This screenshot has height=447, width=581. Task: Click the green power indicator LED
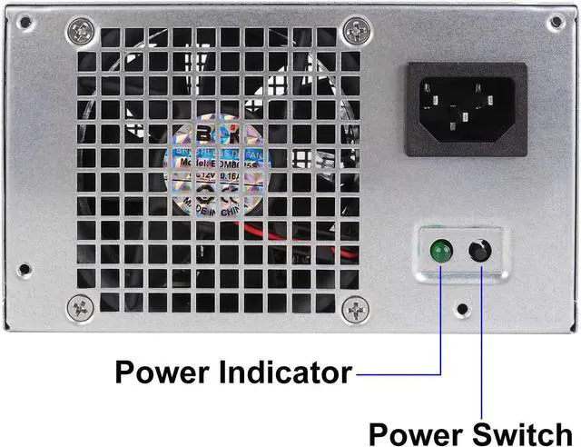tap(442, 251)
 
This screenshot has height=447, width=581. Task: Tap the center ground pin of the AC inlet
tap(467, 115)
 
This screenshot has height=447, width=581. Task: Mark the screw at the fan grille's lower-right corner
tap(350, 310)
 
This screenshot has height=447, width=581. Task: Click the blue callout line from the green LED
tap(441, 318)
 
